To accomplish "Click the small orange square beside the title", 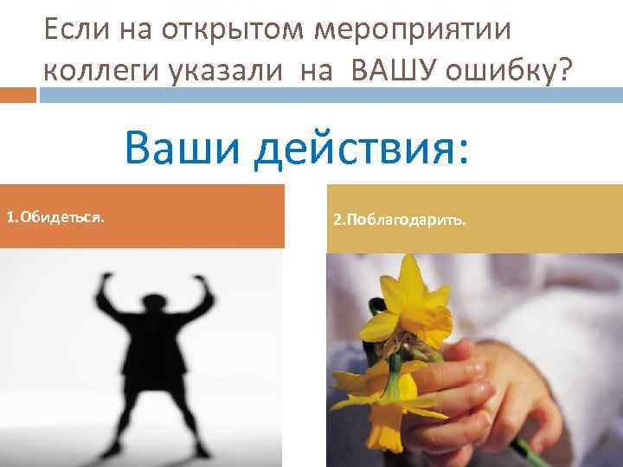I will (18, 93).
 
